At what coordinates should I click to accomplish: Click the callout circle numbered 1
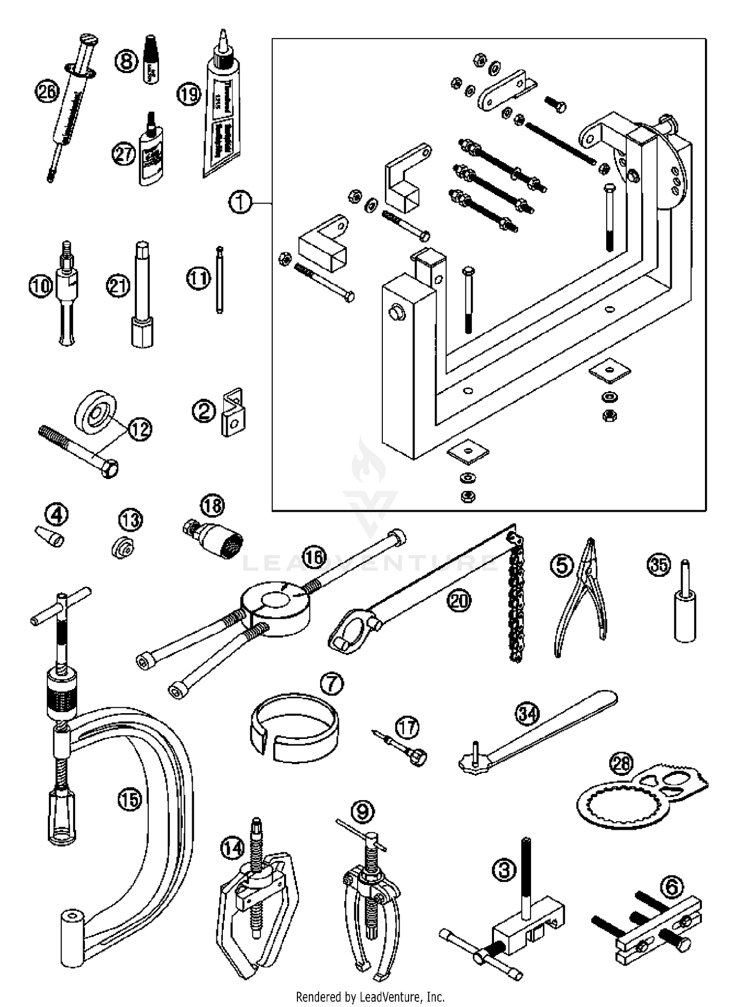click(240, 203)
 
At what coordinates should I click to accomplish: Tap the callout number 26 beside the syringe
click(47, 92)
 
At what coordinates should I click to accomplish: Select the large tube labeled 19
click(221, 114)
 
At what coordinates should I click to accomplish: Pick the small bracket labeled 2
click(233, 413)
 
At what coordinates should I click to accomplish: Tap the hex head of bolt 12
click(110, 468)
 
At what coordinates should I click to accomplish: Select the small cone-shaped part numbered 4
click(49, 536)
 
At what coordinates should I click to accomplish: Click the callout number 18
click(212, 505)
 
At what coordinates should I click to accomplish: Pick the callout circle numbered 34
click(528, 713)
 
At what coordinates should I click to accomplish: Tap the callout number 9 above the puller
click(363, 810)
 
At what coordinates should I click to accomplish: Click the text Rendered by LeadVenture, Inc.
click(370, 997)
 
